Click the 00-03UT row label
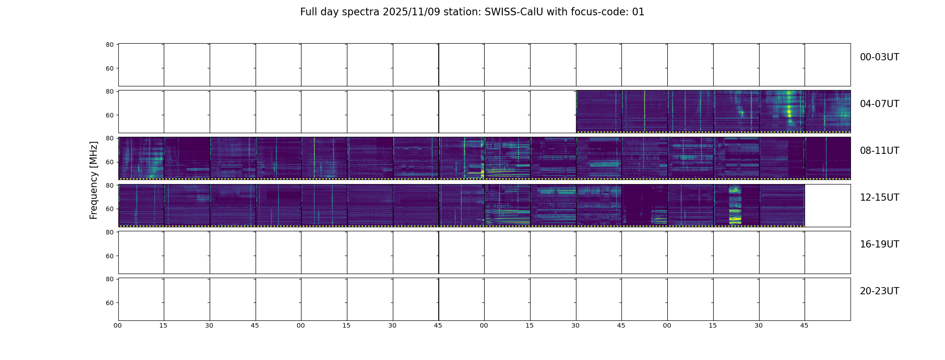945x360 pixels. click(x=879, y=57)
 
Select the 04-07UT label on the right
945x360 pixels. click(x=879, y=104)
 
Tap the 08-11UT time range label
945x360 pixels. click(x=879, y=151)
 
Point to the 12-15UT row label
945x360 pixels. click(x=879, y=198)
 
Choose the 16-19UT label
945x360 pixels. click(x=879, y=244)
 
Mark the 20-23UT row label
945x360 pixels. click(x=879, y=291)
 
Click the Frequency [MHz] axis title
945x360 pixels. click(x=94, y=180)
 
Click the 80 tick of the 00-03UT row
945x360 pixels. click(x=110, y=45)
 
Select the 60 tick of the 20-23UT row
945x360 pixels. click(x=110, y=303)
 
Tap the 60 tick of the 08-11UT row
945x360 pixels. click(x=110, y=162)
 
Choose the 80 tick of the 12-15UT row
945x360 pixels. click(x=110, y=185)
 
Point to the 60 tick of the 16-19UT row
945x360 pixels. click(x=110, y=256)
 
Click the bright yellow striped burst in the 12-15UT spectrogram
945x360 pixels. click(x=735, y=205)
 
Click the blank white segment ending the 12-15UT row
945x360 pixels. click(x=828, y=205)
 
